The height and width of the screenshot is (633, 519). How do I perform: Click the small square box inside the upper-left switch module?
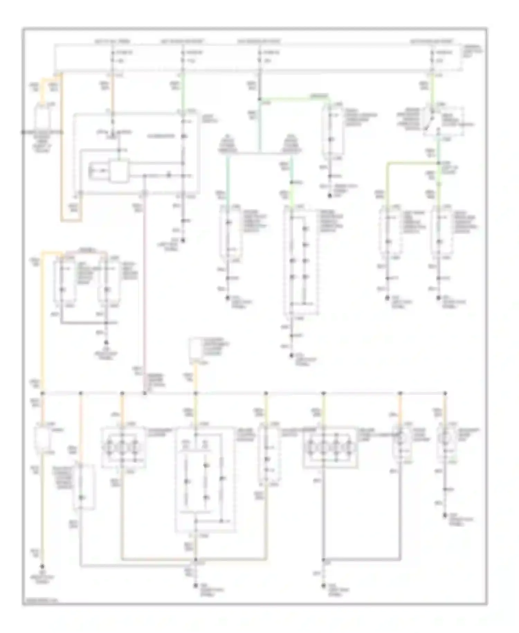coord(119,170)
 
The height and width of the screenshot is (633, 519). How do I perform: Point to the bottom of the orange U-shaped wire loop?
coord(71,221)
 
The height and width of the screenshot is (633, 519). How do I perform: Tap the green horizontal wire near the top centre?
coord(294,98)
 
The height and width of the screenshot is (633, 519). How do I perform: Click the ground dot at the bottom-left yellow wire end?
coord(43,567)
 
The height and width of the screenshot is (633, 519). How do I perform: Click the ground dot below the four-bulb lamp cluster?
coord(324,586)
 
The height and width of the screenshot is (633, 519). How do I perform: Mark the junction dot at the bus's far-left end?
coord(43,393)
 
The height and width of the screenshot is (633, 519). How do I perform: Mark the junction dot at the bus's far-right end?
coord(445,393)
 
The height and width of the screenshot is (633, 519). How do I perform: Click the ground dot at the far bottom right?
coord(446,516)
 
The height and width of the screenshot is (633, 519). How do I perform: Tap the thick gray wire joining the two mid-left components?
coord(83,323)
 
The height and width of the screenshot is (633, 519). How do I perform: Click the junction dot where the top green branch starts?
coord(259,99)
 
